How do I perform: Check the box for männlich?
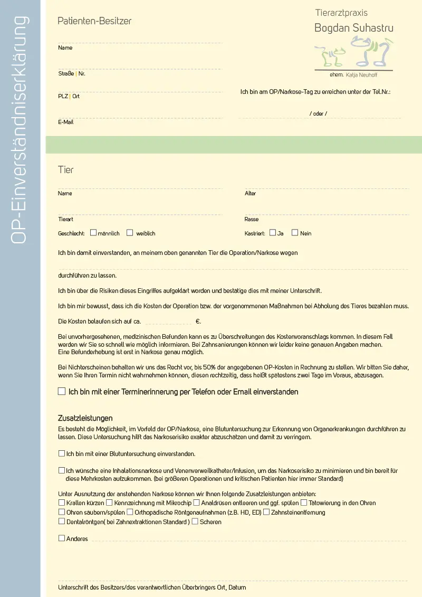(93, 232)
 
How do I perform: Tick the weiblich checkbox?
(130, 232)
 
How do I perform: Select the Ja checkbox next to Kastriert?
(273, 232)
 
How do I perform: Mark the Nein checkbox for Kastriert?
(295, 232)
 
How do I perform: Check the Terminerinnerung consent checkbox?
(62, 392)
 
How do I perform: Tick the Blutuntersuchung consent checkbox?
(62, 453)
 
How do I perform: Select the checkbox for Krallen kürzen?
(62, 503)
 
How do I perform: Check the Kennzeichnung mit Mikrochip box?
(109, 503)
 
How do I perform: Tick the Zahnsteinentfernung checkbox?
(266, 512)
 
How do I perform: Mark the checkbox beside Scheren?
(195, 522)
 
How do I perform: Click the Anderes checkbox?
(62, 538)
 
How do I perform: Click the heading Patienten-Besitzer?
(94, 21)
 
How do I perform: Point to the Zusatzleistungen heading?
(85, 418)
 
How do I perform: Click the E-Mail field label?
(66, 122)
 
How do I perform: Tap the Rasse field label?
(252, 219)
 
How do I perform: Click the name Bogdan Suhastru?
(353, 28)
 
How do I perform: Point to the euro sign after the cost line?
(198, 321)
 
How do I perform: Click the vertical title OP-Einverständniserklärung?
(20, 129)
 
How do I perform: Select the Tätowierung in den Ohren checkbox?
(304, 503)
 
